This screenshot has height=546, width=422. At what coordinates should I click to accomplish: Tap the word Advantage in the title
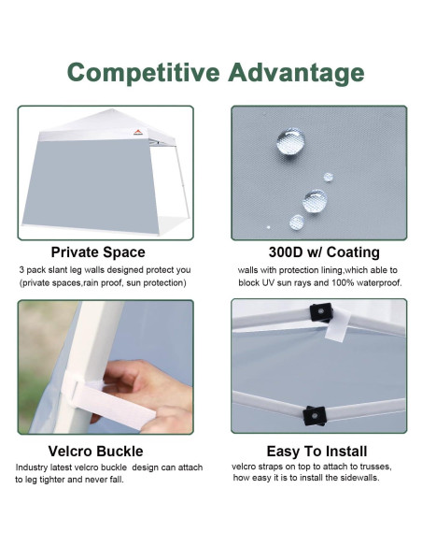coord(294,72)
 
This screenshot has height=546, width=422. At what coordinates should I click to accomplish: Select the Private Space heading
coord(98,251)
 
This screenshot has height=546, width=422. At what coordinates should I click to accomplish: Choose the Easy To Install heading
coord(316,451)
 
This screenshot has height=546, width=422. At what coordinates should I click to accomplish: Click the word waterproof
coord(376,282)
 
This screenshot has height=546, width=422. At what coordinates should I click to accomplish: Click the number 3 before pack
coord(21,269)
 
